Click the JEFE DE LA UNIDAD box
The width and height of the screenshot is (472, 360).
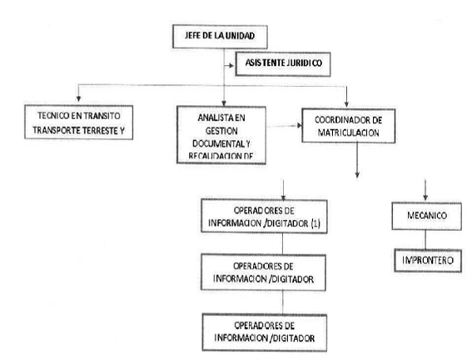(x=220, y=37)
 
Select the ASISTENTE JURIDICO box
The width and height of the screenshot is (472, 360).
(x=283, y=64)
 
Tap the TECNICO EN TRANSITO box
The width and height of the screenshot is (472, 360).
(x=78, y=122)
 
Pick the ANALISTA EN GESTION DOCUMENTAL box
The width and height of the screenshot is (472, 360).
(x=221, y=135)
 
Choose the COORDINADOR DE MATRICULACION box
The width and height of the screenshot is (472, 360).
(x=348, y=126)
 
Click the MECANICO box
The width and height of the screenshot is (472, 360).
(x=426, y=216)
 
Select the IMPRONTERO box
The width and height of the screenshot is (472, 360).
(x=428, y=261)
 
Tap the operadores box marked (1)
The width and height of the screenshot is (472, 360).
(x=264, y=217)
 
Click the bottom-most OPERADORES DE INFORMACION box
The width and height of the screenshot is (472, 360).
(x=264, y=332)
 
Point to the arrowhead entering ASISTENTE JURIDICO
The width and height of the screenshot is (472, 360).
(x=231, y=65)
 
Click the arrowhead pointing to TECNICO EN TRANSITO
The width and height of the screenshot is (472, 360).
(x=78, y=99)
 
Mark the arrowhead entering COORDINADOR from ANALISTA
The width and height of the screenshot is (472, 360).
(x=300, y=125)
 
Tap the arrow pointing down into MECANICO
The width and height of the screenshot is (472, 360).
(x=425, y=190)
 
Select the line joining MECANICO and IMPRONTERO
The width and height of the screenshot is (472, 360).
(x=425, y=240)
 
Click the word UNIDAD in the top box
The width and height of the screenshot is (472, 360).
(x=240, y=36)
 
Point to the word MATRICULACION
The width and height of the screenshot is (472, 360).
(x=349, y=132)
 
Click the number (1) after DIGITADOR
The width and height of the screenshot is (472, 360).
(x=315, y=223)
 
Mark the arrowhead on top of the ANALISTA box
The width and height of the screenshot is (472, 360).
(x=224, y=103)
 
